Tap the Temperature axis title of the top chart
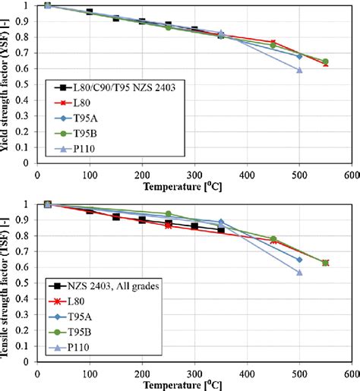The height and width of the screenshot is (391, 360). pos(194,184)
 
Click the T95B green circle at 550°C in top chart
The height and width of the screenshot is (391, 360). pos(325,61)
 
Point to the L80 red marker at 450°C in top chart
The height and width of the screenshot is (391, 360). pos(273,43)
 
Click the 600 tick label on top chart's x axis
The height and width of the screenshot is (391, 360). pos(351,174)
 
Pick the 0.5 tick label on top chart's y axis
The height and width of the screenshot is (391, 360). pos(27,84)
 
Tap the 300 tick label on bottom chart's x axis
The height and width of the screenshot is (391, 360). pos(194,374)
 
